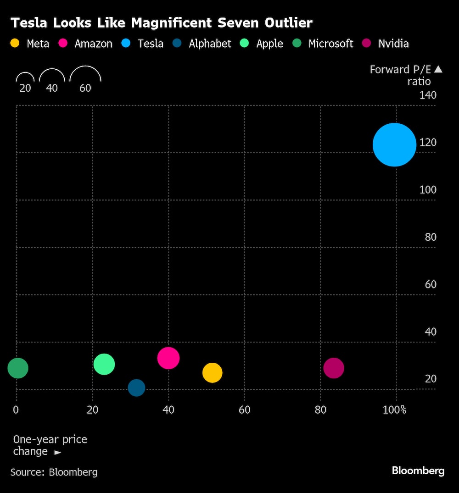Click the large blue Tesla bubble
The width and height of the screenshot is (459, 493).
pos(394,145)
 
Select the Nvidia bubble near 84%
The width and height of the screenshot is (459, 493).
pos(334,368)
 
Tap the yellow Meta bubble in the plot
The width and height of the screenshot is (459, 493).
pos(212,373)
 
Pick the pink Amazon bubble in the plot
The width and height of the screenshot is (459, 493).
pos(168,358)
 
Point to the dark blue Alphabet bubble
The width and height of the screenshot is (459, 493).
pos(136,388)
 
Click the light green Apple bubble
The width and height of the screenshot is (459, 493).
pos(104,364)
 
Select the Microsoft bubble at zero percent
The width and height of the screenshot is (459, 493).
pos(18,368)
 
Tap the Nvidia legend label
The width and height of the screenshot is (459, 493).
pos(393,44)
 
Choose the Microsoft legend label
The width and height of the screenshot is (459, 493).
pos(330,44)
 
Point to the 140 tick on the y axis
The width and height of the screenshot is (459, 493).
pos(428,95)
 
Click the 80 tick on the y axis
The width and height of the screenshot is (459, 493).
pos(430,237)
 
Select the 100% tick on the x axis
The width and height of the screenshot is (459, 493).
pos(394,410)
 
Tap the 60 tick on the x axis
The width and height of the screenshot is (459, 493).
pos(244,410)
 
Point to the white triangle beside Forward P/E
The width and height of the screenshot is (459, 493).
pos(438,69)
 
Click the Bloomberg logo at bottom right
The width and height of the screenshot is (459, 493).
pos(418,471)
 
